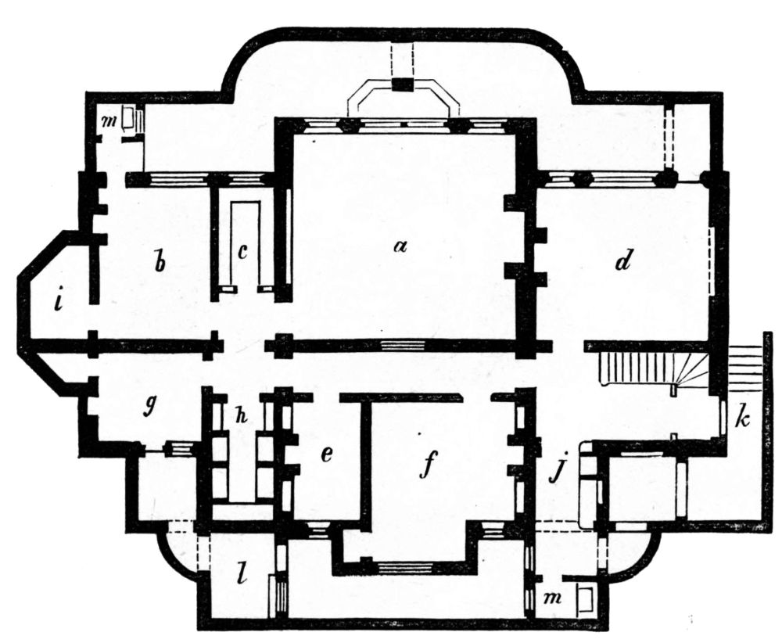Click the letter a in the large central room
tap(400, 246)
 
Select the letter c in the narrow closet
tap(243, 252)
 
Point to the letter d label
tap(623, 260)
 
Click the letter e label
tap(327, 454)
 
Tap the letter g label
tap(149, 410)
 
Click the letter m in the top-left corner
tap(108, 121)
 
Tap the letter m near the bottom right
tap(554, 598)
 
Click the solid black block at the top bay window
tap(402, 85)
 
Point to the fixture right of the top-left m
tap(131, 120)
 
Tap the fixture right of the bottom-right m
tap(584, 598)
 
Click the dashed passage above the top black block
tap(402, 61)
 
